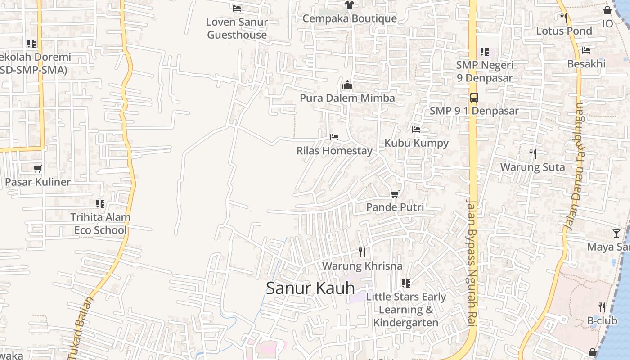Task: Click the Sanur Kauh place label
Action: pos(310,288)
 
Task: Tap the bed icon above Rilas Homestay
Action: pos(334,137)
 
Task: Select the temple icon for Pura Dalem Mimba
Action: pos(347,85)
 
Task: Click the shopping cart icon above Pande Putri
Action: pos(395,194)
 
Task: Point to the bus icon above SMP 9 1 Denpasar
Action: pos(474,97)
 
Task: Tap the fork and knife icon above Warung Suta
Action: pos(533,154)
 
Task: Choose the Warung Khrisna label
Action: pos(362,266)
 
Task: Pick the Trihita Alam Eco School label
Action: pos(100,224)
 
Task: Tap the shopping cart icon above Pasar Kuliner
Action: pos(38,169)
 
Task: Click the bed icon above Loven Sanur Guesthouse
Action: pos(237,8)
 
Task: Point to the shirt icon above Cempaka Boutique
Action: pos(349,5)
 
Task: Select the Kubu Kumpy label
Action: pos(416,143)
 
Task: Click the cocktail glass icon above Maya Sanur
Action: pos(616,233)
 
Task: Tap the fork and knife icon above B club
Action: pos(602,307)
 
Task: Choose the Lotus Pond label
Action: pos(564,31)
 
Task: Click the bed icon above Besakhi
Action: pos(586,50)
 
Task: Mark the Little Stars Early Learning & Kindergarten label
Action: pos(406,310)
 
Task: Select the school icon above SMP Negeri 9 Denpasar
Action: pos(484,52)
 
